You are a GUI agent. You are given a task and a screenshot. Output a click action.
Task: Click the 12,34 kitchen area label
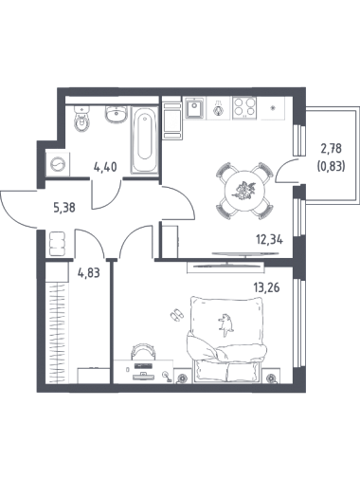[x=269, y=240]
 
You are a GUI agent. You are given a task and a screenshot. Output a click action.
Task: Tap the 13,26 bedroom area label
[x=266, y=287]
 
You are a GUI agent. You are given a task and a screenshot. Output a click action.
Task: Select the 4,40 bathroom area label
[x=105, y=167]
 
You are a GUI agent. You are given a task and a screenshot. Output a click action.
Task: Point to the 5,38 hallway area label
[x=64, y=208]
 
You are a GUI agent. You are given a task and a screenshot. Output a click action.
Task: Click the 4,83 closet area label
[x=89, y=272]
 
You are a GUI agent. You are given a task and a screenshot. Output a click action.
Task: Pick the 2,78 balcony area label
[x=331, y=148]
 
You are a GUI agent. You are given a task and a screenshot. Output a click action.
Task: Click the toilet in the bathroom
[x=81, y=119]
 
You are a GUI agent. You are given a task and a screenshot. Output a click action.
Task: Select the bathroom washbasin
[x=117, y=114]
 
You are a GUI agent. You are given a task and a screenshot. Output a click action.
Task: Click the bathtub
[x=145, y=140]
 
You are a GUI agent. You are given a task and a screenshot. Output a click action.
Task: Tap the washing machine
[x=58, y=164]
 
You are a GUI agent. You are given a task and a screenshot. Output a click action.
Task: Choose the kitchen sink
[x=194, y=108]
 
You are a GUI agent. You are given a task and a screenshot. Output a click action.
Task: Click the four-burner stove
[x=243, y=108]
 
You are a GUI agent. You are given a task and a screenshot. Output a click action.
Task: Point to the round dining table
[x=244, y=191]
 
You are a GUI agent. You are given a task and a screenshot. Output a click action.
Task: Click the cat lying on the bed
[x=225, y=324]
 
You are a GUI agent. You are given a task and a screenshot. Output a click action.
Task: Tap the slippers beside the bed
[x=176, y=315]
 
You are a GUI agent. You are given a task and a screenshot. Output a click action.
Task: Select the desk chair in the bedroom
[x=144, y=352]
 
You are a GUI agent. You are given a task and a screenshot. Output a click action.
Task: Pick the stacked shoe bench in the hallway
[x=58, y=244]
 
